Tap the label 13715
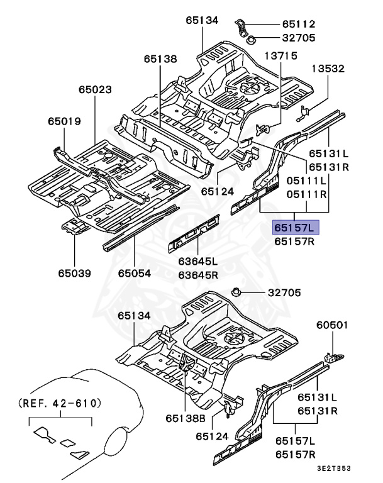coord(280,57)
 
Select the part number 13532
coord(328,69)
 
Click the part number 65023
coord(96,91)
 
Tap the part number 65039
coord(75,273)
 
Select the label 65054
coord(135,273)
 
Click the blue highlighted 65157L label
coord(296,227)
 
